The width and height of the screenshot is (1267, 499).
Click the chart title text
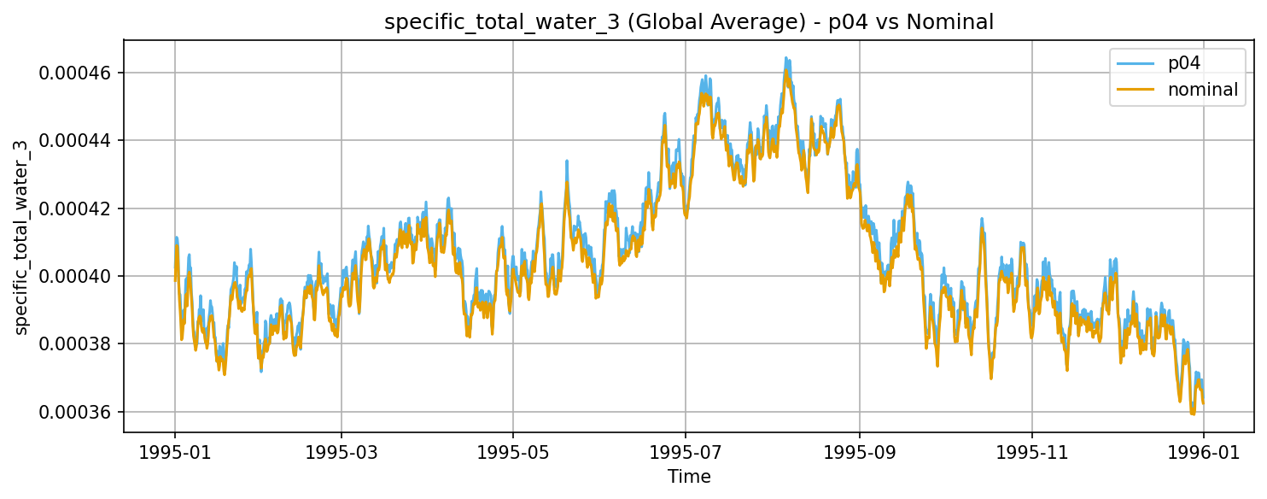(689, 22)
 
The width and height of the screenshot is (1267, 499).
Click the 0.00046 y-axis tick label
(76, 73)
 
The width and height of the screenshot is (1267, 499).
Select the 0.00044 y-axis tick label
(76, 140)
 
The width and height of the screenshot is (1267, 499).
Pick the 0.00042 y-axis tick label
(76, 208)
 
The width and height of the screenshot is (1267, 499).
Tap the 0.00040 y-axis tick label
(76, 276)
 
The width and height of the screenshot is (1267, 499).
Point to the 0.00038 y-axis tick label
(76, 344)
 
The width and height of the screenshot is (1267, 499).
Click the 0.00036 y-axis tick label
(76, 412)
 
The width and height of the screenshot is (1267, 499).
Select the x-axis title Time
(689, 476)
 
